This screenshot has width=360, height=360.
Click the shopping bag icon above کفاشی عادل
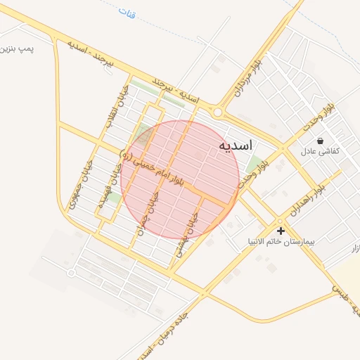pos(321,141)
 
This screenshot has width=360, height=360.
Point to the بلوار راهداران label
pos(307,200)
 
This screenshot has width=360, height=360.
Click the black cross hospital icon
pos(281,231)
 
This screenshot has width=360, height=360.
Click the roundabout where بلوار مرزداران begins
pos(219,112)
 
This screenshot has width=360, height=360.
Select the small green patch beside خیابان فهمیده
pos(112,198)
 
